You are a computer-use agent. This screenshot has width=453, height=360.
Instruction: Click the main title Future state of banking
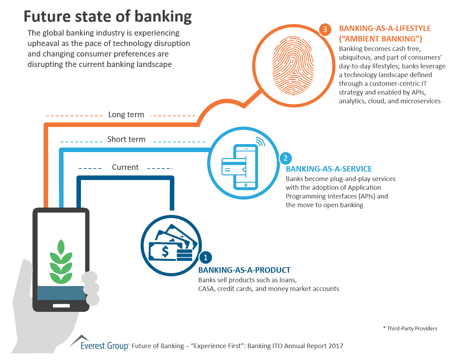coord(107,16)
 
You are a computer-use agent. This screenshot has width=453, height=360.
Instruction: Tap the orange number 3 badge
coord(325,29)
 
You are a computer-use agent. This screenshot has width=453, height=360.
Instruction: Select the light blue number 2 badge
coord(285,158)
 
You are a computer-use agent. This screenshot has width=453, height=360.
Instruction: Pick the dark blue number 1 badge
coord(205,257)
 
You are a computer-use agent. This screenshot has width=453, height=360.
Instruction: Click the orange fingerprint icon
coord(293,66)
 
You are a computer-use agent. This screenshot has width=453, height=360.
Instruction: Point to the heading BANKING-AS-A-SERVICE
coord(329,169)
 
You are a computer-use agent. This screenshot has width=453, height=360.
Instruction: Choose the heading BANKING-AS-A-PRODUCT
coord(244,270)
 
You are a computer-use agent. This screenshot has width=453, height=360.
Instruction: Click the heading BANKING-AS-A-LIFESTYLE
coord(385,29)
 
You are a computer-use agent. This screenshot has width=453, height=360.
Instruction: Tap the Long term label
coord(126,115)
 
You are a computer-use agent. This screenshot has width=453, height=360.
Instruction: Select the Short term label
coord(126,140)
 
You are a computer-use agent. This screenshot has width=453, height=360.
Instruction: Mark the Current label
coord(125,167)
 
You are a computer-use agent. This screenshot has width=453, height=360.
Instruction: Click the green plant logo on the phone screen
coord(61,261)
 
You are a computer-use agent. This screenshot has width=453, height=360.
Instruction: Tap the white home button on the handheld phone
coord(61,306)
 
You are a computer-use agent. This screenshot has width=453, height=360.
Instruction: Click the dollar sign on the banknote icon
coord(165,251)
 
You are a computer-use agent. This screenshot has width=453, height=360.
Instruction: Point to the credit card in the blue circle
coord(234,167)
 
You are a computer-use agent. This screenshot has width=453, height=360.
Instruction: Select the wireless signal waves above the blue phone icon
coord(260,141)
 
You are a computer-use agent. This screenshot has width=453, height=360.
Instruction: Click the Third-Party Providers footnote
coord(410,329)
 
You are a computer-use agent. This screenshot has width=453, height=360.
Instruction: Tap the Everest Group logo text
coord(104,346)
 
